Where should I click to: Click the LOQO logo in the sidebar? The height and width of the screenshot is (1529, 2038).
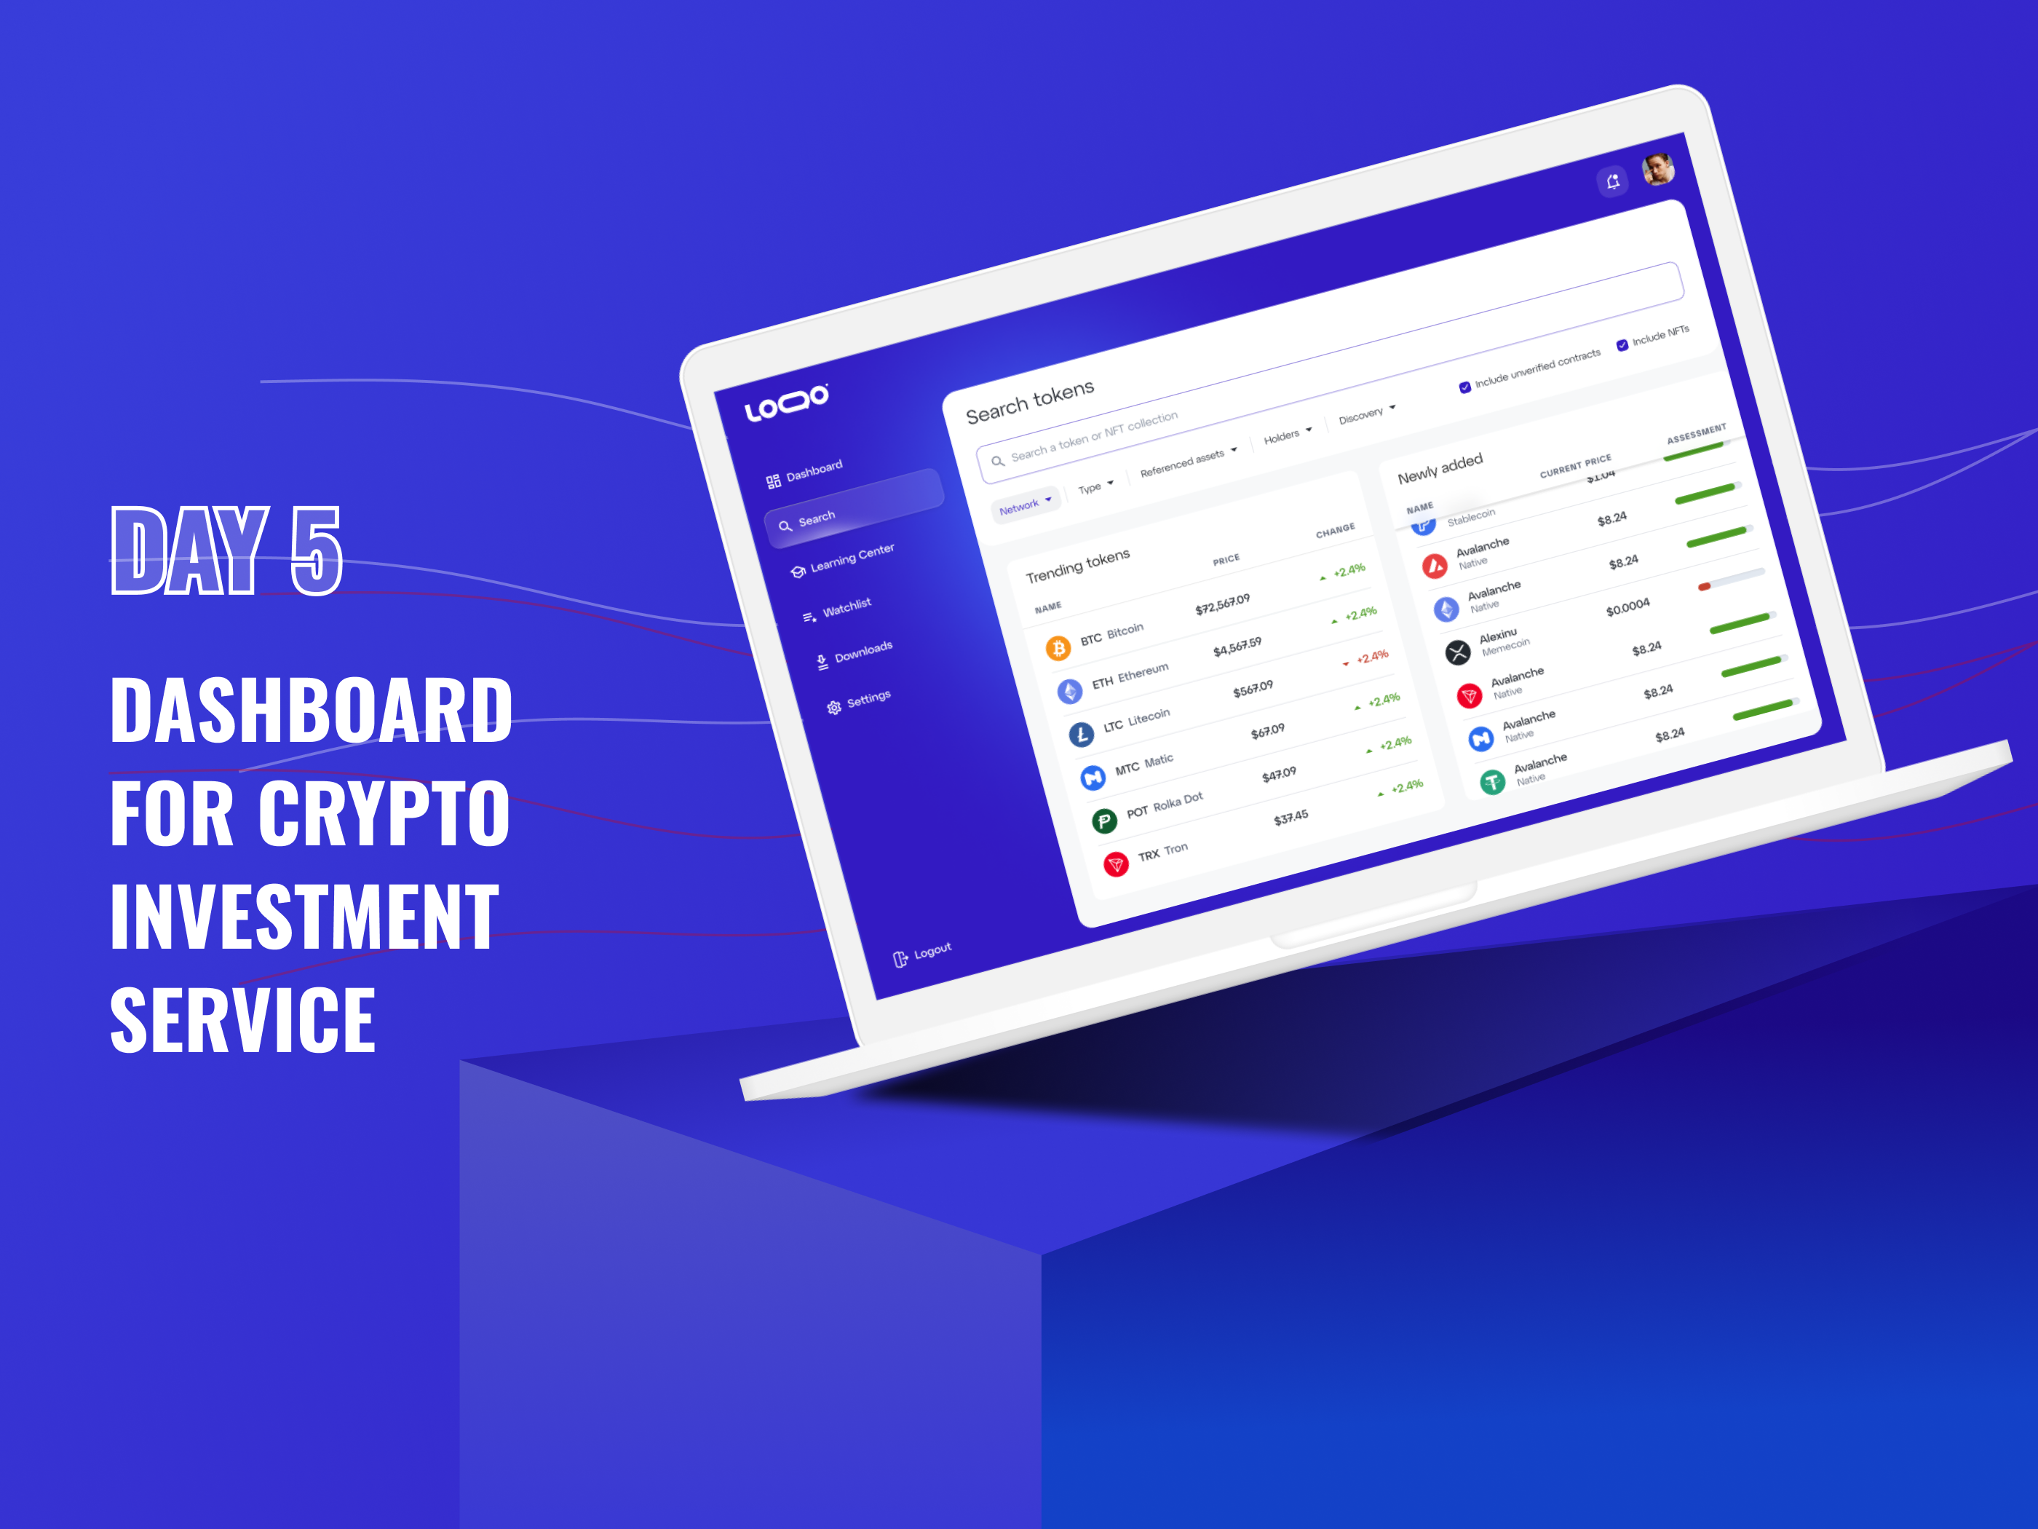tap(786, 402)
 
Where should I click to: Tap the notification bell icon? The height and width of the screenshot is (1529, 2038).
tap(1612, 181)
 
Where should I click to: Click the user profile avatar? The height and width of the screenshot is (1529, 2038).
tap(1658, 169)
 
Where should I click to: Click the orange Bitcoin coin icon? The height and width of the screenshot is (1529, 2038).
tap(1058, 649)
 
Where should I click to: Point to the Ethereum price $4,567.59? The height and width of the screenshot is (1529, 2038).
tap(1237, 647)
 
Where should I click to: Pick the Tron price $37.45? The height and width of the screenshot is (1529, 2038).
tap(1290, 818)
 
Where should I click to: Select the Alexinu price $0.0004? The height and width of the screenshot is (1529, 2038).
tap(1628, 607)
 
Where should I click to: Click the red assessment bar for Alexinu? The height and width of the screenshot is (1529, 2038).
tap(1705, 586)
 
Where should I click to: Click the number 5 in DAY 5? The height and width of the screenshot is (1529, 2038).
tap(316, 550)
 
